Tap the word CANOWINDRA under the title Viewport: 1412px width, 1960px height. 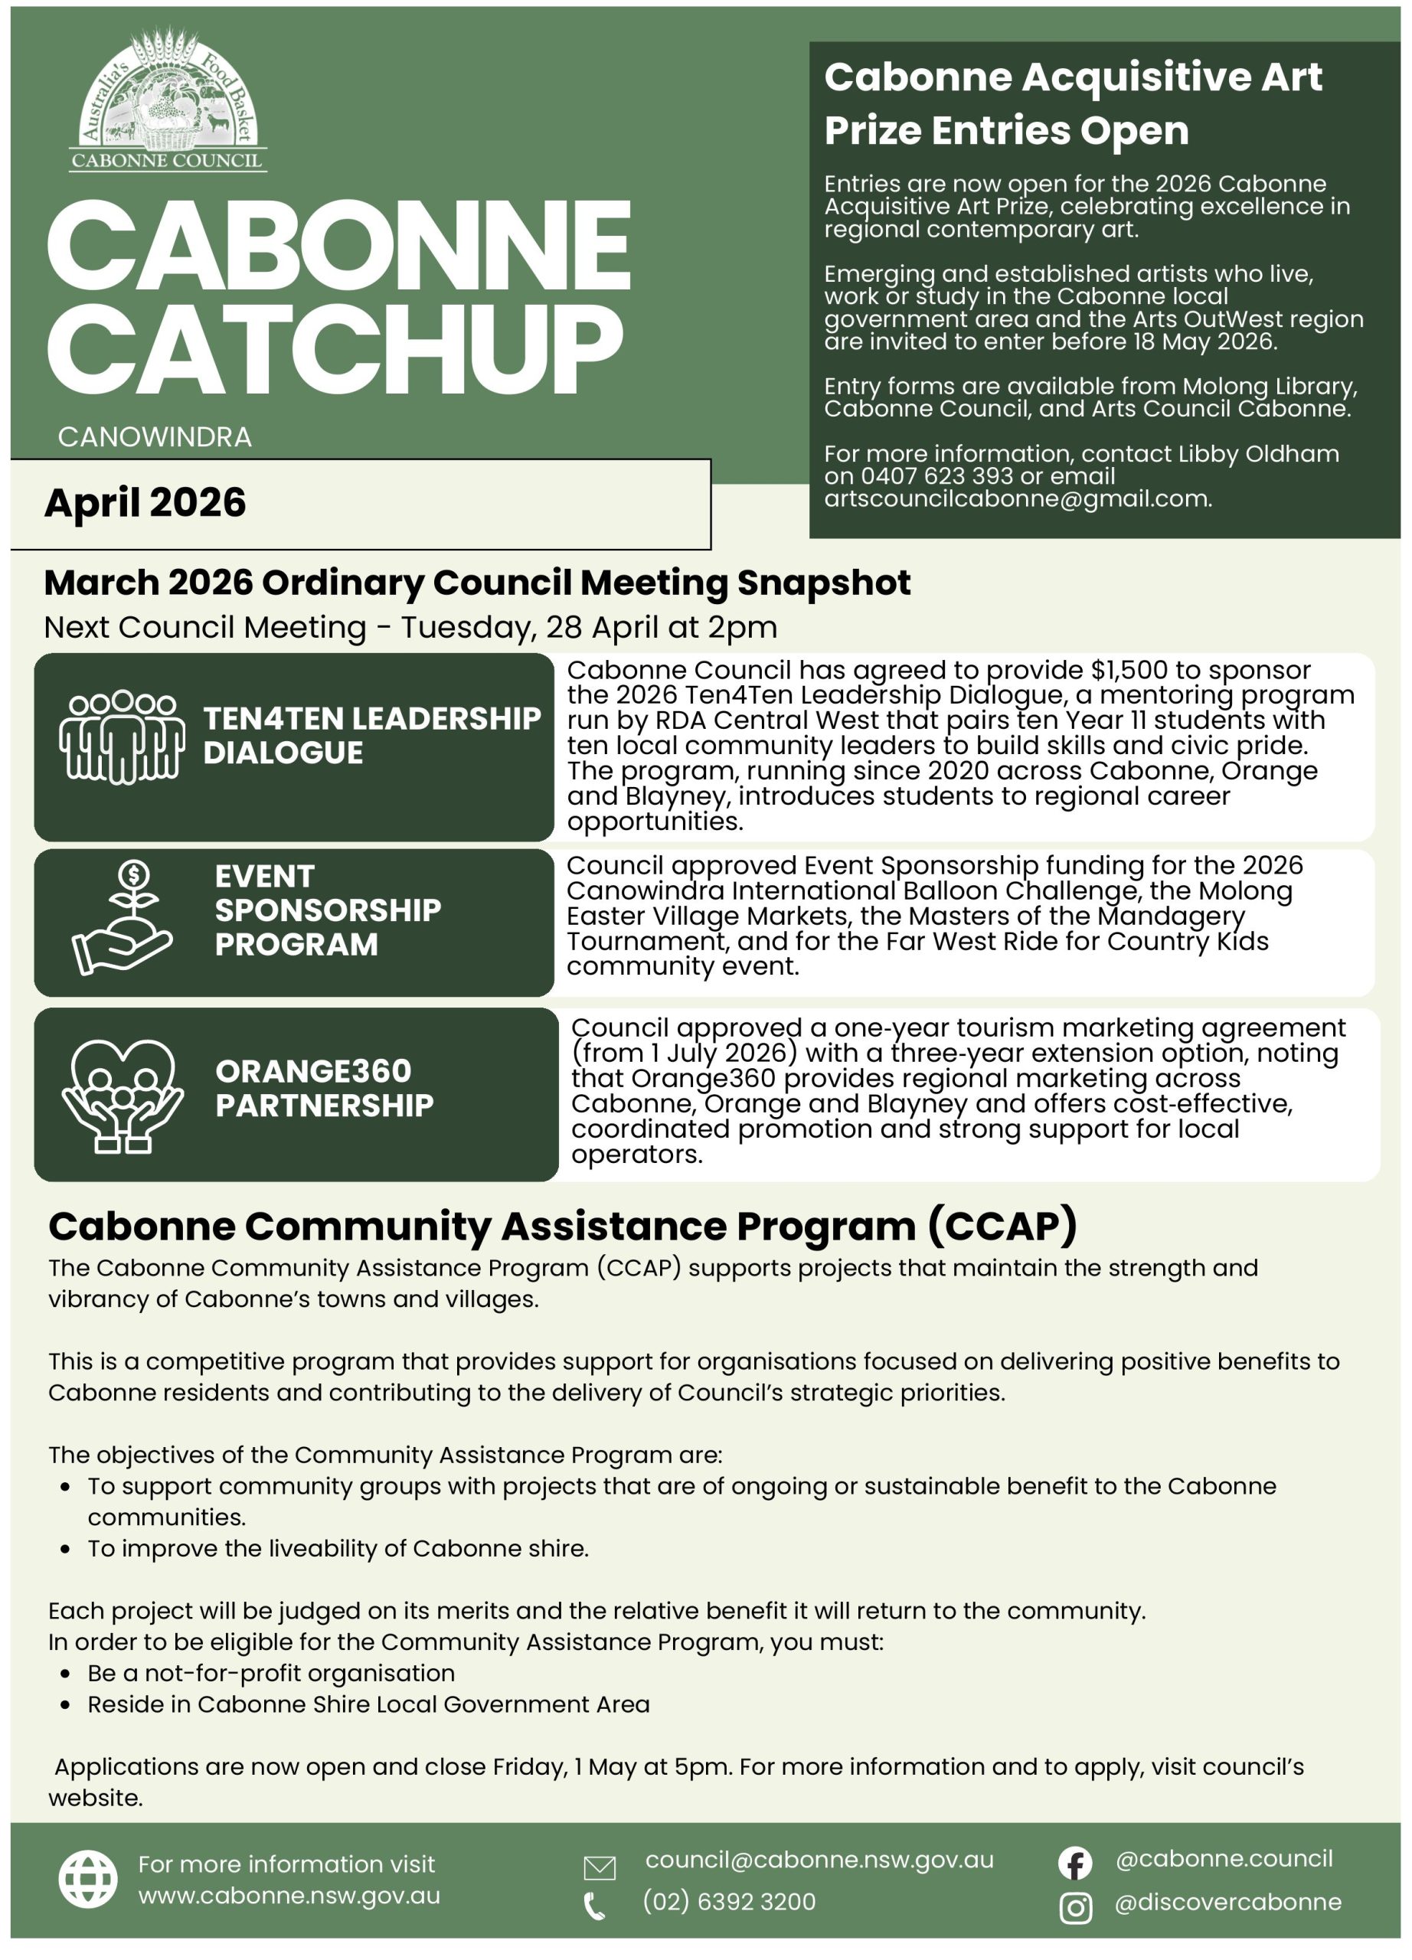coord(155,437)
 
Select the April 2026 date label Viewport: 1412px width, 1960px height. coord(145,503)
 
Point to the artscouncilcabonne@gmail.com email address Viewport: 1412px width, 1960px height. coord(1016,498)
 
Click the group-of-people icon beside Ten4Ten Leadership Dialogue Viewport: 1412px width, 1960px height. coord(121,737)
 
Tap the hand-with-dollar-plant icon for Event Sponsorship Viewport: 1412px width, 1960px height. coord(123,919)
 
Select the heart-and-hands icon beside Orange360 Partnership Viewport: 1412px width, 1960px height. coord(122,1096)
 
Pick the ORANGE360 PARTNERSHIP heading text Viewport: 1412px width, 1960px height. coord(324,1088)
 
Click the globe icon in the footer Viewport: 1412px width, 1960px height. coord(88,1880)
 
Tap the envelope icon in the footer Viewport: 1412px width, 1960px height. coord(600,1868)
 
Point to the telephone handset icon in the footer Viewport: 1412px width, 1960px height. coord(594,1906)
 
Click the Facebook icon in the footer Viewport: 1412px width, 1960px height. coord(1075,1864)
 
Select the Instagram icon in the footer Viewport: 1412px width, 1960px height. coord(1075,1908)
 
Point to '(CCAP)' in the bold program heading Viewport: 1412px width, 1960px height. coord(1002,1227)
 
